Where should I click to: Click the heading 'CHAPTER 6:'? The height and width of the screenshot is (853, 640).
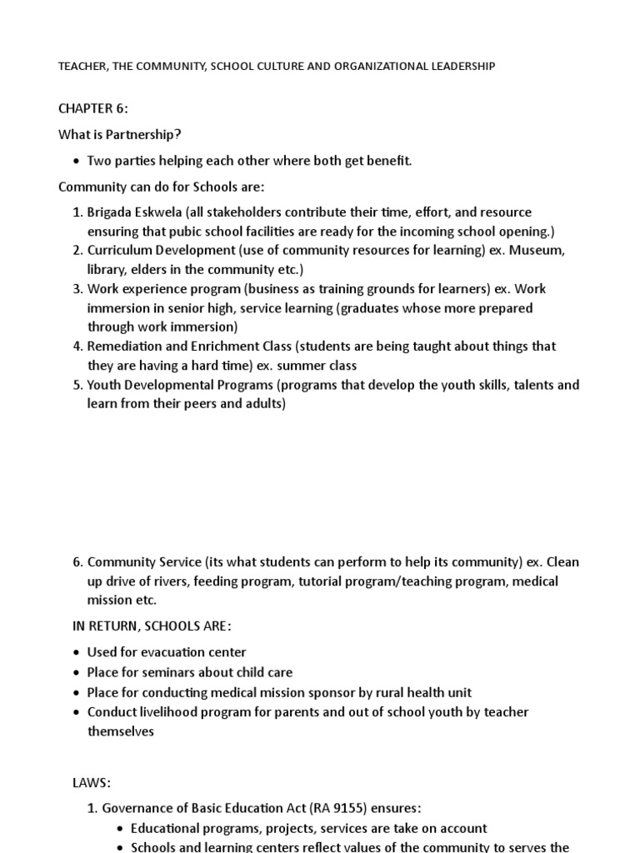[x=93, y=109]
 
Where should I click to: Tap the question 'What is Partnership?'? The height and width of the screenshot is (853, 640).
[x=119, y=135]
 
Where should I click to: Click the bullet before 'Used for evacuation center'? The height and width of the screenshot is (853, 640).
[x=77, y=653]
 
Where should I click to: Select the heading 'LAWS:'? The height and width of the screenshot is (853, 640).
[x=92, y=783]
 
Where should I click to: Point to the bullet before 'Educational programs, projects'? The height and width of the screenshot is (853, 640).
[x=121, y=829]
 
